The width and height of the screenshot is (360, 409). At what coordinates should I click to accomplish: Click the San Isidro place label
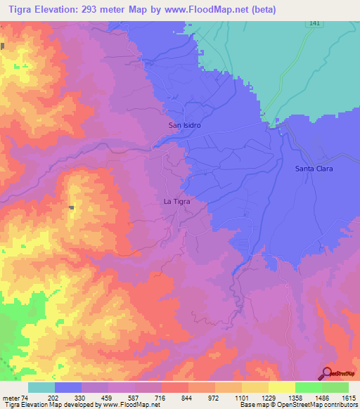click(185, 125)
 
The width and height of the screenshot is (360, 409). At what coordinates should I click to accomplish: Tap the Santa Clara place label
click(313, 169)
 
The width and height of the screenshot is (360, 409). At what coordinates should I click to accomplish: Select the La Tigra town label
click(176, 201)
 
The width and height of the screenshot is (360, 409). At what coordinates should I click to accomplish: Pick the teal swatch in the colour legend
click(41, 387)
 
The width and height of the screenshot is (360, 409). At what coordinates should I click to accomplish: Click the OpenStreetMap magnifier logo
click(328, 372)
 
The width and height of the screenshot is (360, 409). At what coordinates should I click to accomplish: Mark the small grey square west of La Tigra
click(72, 207)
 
